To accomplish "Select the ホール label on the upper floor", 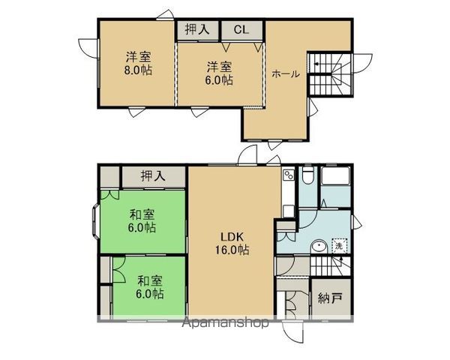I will tap(286, 73).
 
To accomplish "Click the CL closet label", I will tap(241, 30).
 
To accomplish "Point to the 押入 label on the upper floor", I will tap(197, 30).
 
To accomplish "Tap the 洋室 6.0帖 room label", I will tap(219, 73).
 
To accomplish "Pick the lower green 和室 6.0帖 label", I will tap(150, 287).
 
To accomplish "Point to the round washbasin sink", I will tap(319, 245).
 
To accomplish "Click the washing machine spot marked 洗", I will tap(338, 246).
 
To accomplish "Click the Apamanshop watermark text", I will tap(225, 324).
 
